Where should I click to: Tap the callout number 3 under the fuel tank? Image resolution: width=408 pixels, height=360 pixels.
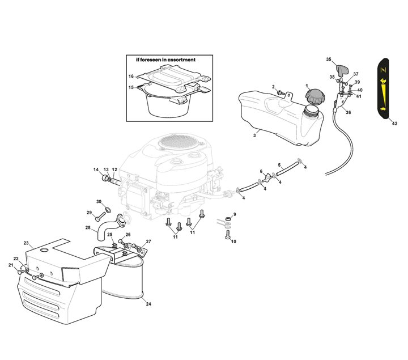(x=254, y=135)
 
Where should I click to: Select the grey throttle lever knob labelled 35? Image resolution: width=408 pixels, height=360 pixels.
(x=342, y=70)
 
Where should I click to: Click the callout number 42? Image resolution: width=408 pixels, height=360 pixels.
(x=394, y=122)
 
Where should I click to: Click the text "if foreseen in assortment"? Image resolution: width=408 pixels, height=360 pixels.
(x=165, y=60)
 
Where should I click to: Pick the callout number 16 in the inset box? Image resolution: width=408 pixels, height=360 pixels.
(x=131, y=77)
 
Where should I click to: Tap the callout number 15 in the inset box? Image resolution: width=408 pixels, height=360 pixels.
(x=131, y=87)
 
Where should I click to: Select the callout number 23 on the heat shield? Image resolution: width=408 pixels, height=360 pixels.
(x=26, y=243)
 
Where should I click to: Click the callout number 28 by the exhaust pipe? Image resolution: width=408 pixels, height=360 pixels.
(x=88, y=228)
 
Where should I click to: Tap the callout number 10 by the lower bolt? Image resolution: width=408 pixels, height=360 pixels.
(x=233, y=242)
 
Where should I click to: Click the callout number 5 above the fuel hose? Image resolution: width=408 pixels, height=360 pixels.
(x=279, y=165)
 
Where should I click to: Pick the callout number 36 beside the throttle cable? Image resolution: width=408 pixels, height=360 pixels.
(x=348, y=112)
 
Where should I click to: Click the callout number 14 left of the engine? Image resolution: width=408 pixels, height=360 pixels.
(x=96, y=170)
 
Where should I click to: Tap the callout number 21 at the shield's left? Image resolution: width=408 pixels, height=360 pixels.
(x=10, y=265)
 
